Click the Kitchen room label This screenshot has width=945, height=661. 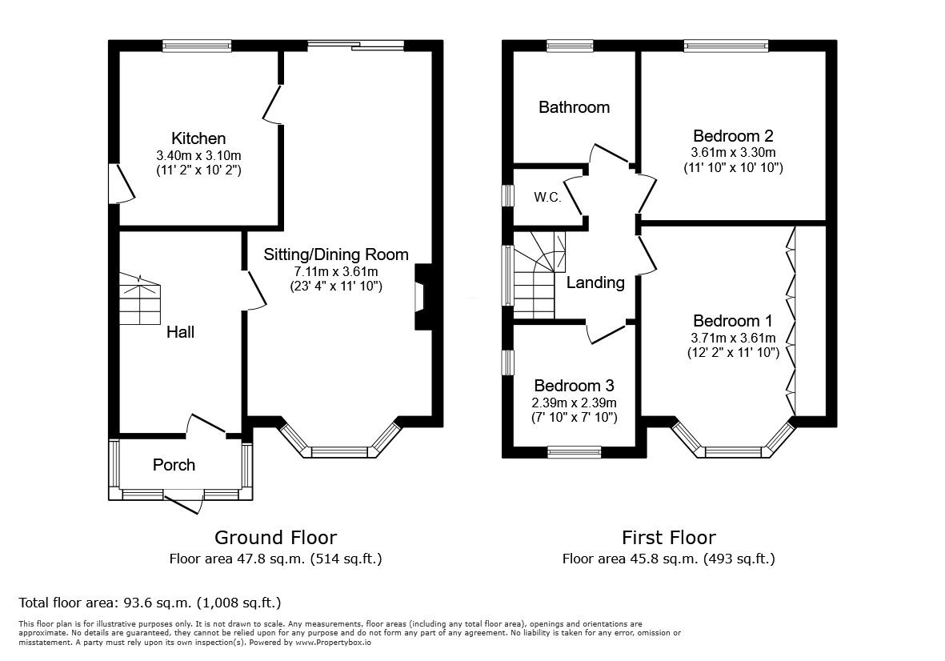(198, 138)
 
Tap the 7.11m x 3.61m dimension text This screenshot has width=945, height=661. (336, 271)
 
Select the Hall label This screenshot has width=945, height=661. (180, 331)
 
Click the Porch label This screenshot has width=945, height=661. (174, 464)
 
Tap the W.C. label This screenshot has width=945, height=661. (547, 195)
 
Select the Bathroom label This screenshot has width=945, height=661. (574, 107)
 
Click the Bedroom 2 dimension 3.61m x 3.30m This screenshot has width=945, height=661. (733, 152)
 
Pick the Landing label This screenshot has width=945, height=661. (595, 282)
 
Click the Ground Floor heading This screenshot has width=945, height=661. (275, 537)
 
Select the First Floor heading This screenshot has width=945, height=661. (668, 537)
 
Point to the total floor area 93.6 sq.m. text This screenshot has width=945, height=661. (150, 602)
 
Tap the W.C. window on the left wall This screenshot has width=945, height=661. (507, 196)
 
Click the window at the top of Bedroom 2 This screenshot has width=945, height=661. (726, 46)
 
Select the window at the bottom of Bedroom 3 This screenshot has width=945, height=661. (574, 452)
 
